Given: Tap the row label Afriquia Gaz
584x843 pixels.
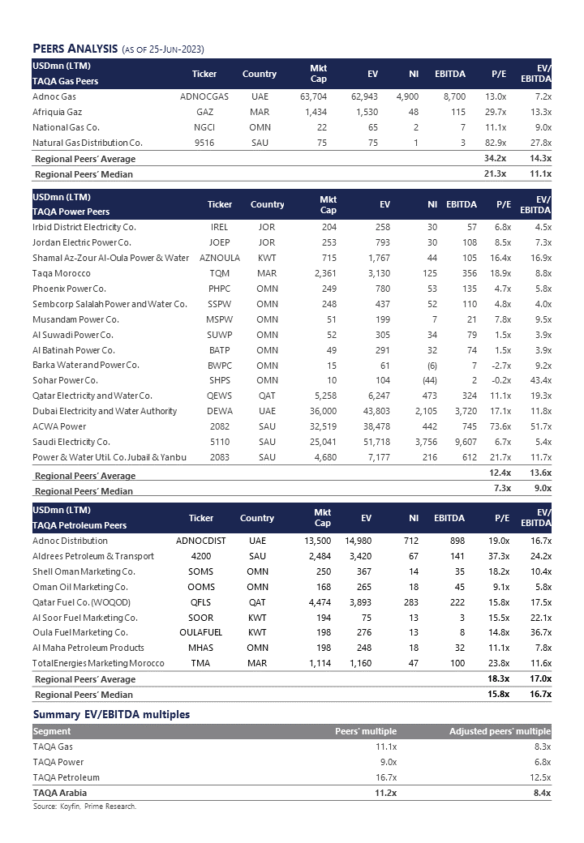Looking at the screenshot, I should [x=58, y=112].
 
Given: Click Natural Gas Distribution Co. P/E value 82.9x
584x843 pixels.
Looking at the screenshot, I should [x=495, y=143].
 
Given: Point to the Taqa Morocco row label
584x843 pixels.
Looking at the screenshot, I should [x=62, y=273].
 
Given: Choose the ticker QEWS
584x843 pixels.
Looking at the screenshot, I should [x=219, y=396].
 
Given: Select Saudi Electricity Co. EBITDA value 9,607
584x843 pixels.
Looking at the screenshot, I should [x=460, y=442].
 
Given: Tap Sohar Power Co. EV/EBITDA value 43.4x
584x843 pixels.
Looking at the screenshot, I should [x=538, y=380].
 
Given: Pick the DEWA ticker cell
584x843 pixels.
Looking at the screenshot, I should [x=219, y=411].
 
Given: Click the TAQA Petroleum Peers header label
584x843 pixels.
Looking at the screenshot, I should [x=79, y=525].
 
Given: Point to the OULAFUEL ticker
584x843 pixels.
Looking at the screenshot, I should [x=200, y=632].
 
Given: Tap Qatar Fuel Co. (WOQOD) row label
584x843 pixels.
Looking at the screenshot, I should [x=81, y=601].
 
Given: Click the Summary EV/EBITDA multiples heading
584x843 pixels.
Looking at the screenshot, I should [x=111, y=714].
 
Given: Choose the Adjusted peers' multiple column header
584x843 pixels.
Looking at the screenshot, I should [x=500, y=731].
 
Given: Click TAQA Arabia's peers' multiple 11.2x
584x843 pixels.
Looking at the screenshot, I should [x=384, y=793].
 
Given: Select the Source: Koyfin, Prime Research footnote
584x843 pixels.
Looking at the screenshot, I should [x=85, y=807].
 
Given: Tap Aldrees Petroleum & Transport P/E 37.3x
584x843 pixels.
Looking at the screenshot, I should [x=497, y=556].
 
